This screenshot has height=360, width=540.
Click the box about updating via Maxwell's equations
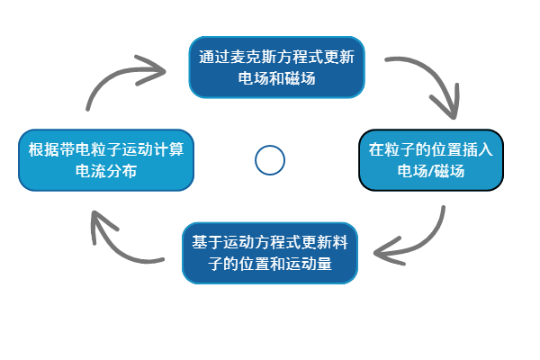(276, 67)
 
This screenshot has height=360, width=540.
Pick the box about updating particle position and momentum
(270, 253)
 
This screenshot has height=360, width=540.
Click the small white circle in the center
(270, 160)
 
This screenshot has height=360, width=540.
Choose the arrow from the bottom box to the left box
(117, 238)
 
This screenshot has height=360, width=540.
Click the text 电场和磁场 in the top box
(276, 78)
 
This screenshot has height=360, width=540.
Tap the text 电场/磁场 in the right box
(431, 172)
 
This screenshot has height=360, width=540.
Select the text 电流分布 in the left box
(106, 172)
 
